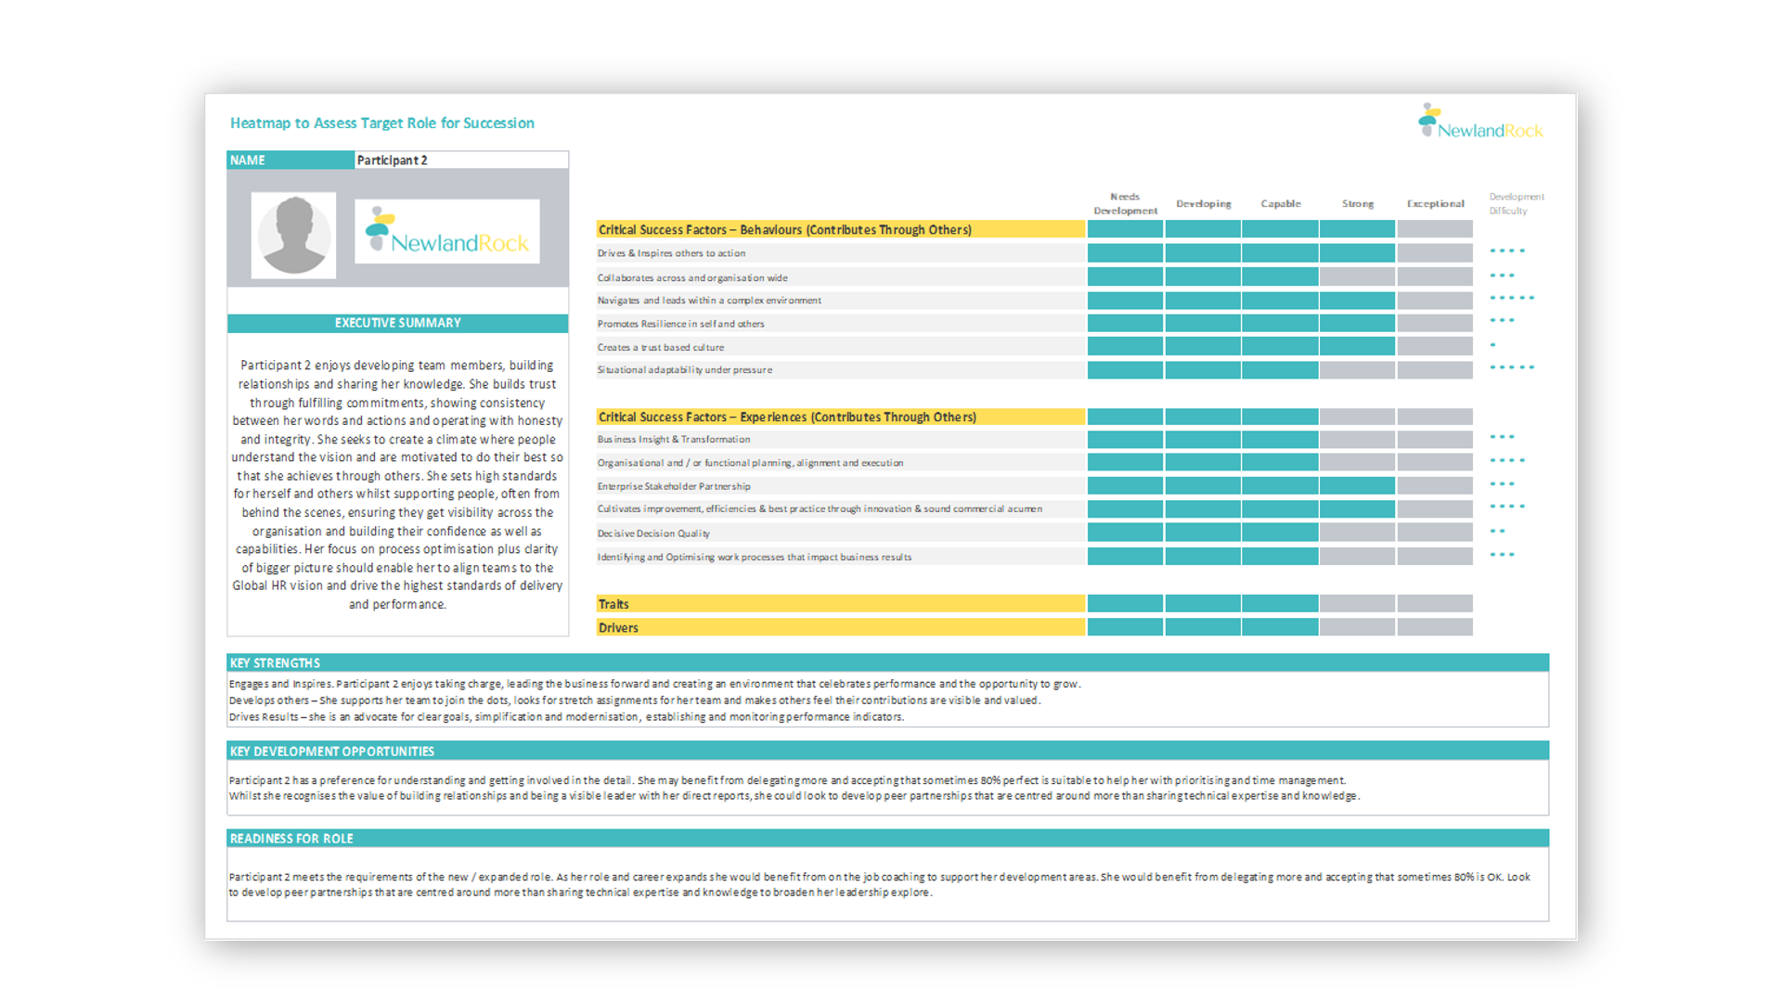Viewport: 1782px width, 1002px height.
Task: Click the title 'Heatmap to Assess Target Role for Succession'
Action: [381, 123]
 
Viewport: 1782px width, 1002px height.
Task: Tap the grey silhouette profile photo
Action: [293, 236]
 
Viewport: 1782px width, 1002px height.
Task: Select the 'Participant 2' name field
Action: [460, 161]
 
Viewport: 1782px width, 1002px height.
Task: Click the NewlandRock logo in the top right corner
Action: [1480, 122]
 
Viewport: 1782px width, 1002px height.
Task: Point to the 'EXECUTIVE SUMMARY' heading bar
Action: [397, 323]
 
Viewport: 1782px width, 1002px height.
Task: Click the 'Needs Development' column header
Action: [1125, 204]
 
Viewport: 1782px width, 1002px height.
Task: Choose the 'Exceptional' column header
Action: [1435, 204]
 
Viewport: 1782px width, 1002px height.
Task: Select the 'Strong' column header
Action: [1357, 204]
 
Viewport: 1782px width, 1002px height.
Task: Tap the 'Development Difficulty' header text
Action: [1516, 204]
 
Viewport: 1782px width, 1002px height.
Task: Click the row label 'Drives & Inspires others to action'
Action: [671, 253]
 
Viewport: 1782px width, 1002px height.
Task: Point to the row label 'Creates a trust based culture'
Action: [660, 347]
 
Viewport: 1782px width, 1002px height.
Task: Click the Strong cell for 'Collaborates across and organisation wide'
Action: [1357, 276]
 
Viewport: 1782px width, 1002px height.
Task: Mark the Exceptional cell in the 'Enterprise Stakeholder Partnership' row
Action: [1435, 485]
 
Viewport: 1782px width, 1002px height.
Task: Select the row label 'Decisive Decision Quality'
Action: [653, 533]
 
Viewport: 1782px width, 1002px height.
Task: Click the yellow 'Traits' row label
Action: [613, 604]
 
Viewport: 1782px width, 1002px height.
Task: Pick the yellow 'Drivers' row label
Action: [618, 628]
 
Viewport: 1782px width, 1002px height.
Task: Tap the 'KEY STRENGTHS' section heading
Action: [275, 663]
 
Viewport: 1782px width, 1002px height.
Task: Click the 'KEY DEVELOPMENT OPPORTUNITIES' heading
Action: [332, 751]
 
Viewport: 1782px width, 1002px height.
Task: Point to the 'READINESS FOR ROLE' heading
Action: [291, 839]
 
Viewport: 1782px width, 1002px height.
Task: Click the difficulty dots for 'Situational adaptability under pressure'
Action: [1512, 368]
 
